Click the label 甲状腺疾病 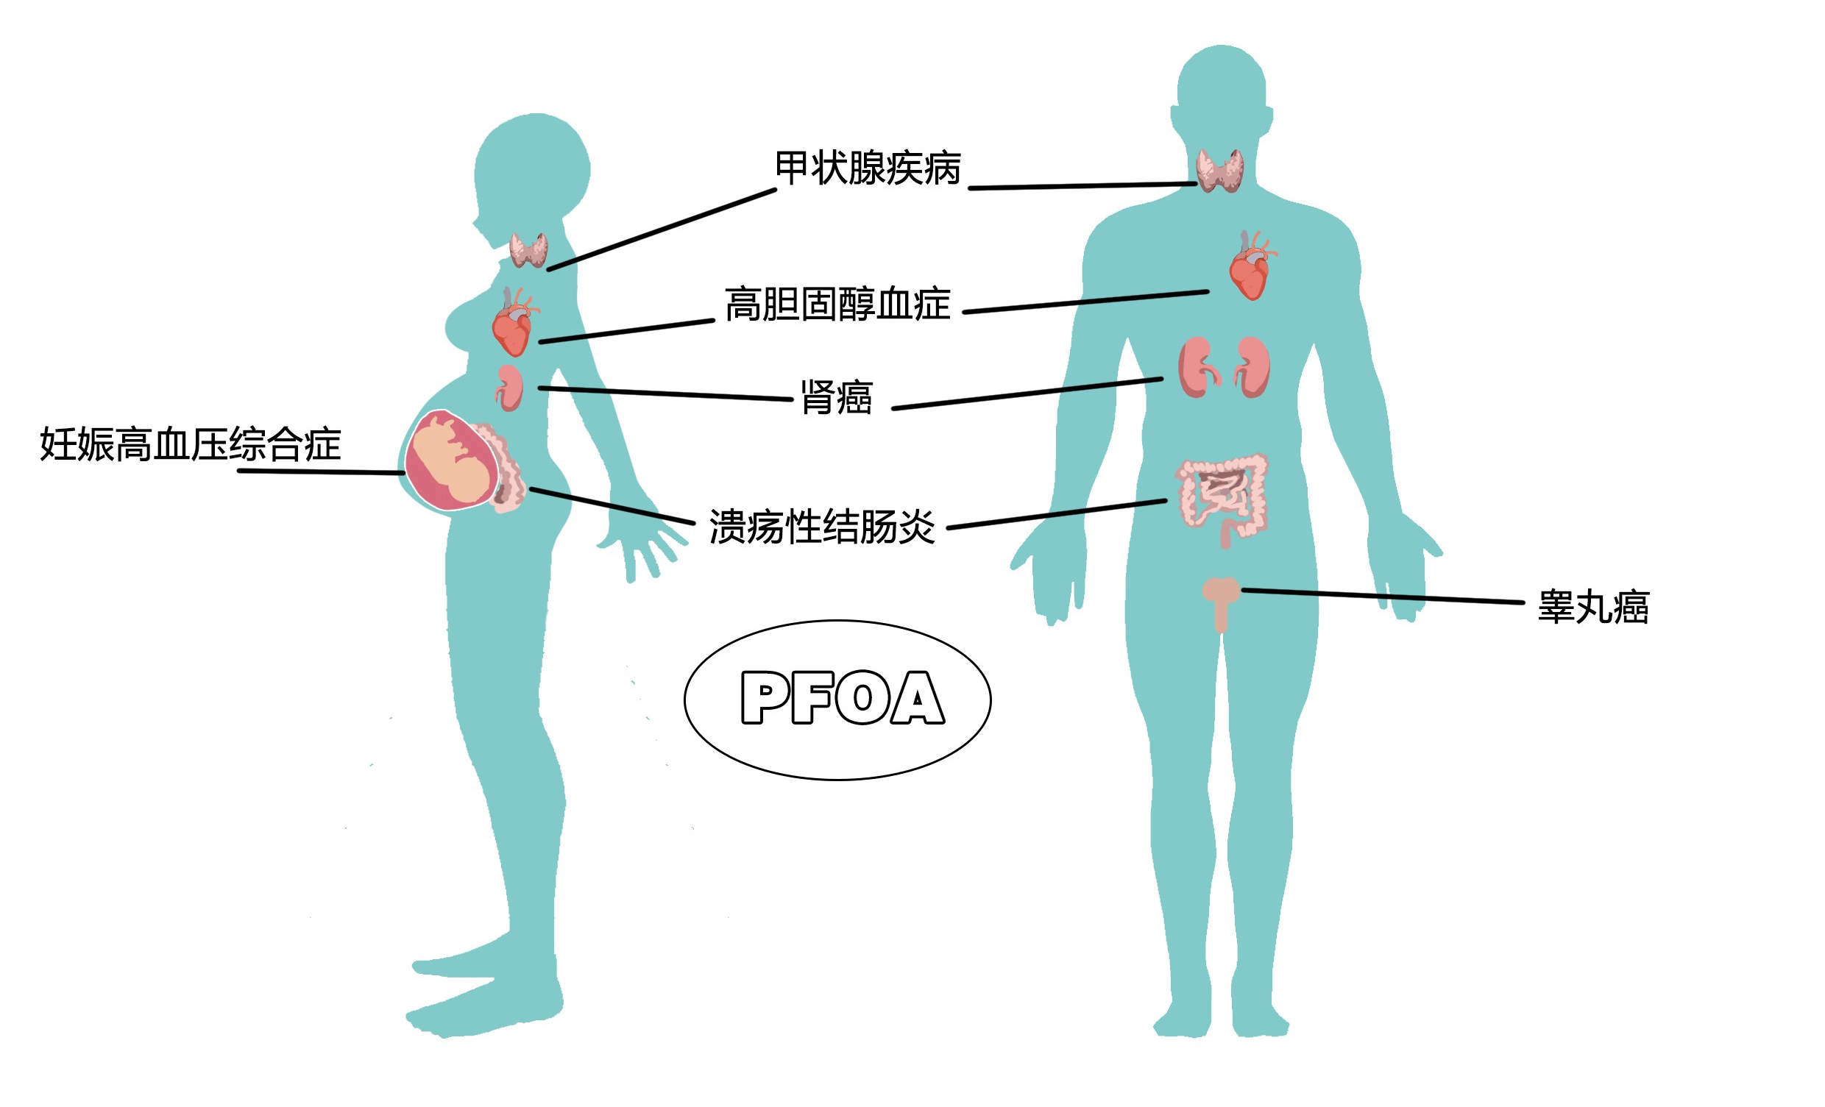[x=868, y=168]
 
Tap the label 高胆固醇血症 [x=837, y=305]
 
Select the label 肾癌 [x=836, y=398]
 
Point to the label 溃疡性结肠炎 [x=822, y=527]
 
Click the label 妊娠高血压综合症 [x=191, y=445]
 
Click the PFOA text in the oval [x=843, y=697]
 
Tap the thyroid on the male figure [x=1220, y=171]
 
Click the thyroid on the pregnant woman [x=529, y=250]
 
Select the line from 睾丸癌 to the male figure [x=1382, y=596]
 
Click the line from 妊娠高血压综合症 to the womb [x=322, y=471]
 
